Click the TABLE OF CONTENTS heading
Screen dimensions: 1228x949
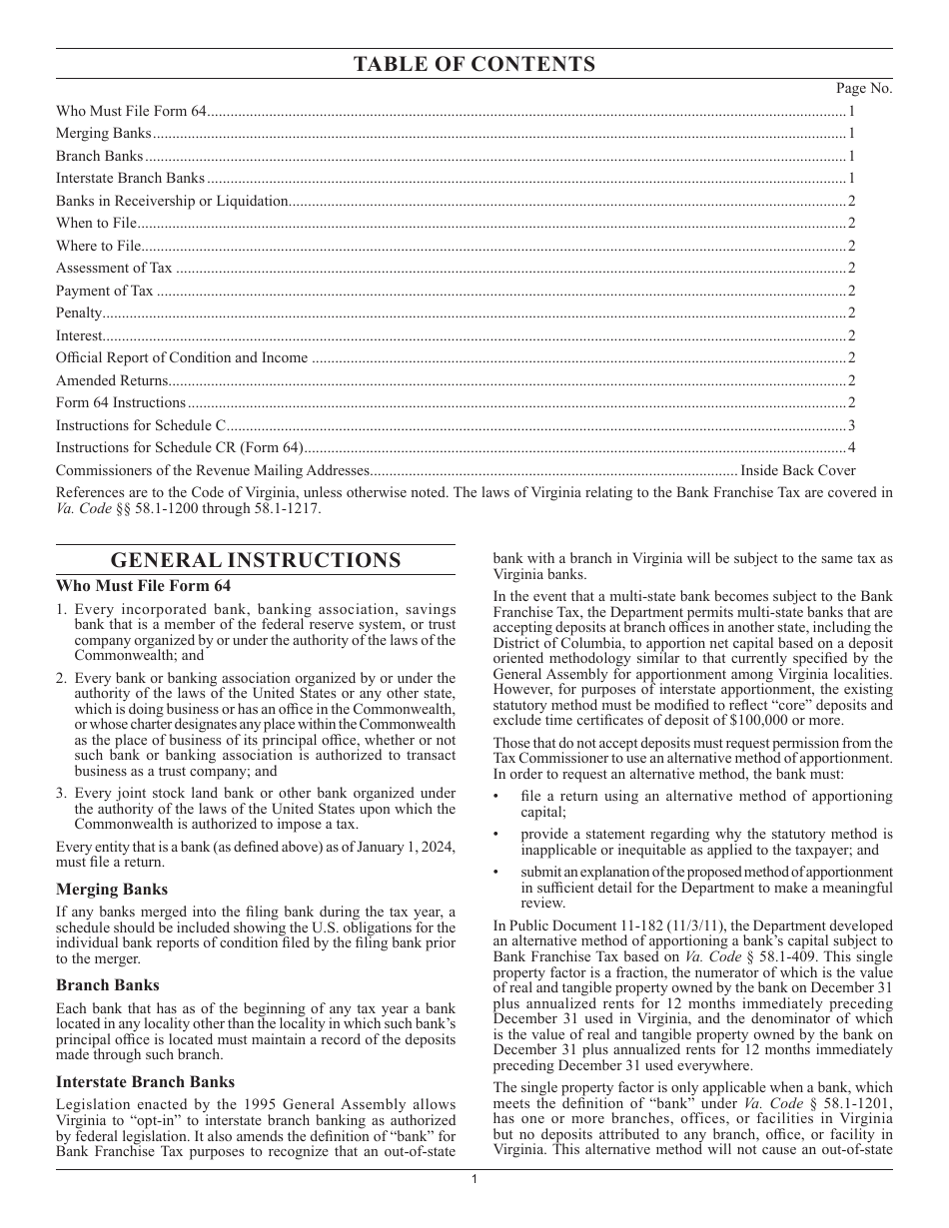[x=474, y=65]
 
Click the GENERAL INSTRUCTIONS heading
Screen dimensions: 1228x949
[x=255, y=560]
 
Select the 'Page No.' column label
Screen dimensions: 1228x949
[x=864, y=89]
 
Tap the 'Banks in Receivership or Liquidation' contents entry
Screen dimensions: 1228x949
[x=172, y=201]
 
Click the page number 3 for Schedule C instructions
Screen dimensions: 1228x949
[x=851, y=425]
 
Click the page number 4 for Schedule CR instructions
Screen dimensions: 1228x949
[x=851, y=448]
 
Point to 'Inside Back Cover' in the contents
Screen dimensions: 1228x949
[x=797, y=470]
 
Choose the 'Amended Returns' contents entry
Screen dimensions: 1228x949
[x=112, y=380]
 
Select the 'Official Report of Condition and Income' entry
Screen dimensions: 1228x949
[x=182, y=358]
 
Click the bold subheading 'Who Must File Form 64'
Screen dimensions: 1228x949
[x=143, y=586]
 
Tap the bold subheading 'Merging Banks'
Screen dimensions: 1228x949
[x=112, y=890]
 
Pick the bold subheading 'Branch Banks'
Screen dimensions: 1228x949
[x=107, y=985]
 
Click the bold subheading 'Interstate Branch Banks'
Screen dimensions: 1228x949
[x=145, y=1082]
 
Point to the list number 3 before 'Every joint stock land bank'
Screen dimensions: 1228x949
[x=61, y=794]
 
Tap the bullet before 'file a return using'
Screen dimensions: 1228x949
[x=497, y=797]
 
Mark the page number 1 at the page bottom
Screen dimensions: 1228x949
[x=474, y=1180]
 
